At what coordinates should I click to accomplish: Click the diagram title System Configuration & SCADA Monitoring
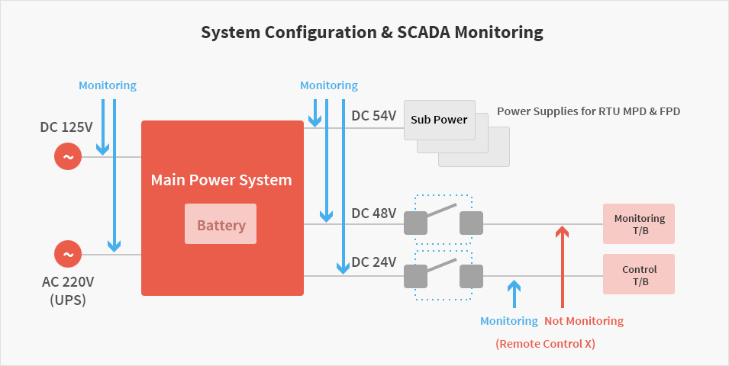coord(372,32)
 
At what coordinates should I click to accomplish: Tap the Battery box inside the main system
coord(221,225)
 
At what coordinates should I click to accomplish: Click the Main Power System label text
coord(221,181)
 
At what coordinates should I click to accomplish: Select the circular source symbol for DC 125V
coord(67,157)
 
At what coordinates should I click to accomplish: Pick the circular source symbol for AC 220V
coord(67,255)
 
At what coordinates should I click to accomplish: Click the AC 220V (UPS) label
coord(67,291)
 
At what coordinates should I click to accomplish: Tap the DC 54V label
coord(373,116)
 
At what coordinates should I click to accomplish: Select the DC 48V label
coord(373,213)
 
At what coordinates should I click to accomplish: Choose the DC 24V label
coord(373,262)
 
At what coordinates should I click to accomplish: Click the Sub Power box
coord(439,120)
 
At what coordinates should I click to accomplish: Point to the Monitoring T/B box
coord(639,224)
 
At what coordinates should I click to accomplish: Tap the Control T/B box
coord(639,274)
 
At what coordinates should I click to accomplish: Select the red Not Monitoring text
coord(584,321)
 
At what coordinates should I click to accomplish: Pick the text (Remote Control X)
coord(545,344)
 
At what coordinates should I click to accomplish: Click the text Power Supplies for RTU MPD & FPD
coord(588,111)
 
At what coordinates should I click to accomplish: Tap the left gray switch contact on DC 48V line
coord(415,223)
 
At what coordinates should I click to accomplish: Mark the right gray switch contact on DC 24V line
coord(472,275)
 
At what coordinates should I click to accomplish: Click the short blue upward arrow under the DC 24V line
coord(514,294)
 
